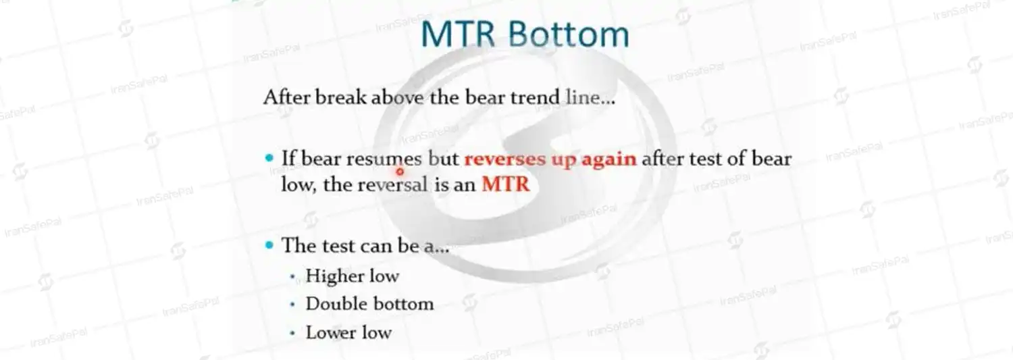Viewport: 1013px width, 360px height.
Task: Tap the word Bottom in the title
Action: [569, 34]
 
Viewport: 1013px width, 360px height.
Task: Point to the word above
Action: [398, 97]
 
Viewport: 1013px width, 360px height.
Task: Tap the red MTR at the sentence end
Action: [506, 184]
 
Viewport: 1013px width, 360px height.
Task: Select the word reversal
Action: [393, 184]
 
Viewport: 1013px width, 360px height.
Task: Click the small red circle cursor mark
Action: [400, 172]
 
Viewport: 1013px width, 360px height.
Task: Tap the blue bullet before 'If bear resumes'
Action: [269, 158]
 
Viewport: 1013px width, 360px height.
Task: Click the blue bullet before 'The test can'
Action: [269, 245]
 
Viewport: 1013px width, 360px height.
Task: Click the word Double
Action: [335, 304]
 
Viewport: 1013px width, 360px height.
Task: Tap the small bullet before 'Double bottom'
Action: [292, 305]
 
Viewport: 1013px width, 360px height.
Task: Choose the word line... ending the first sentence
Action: [590, 97]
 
